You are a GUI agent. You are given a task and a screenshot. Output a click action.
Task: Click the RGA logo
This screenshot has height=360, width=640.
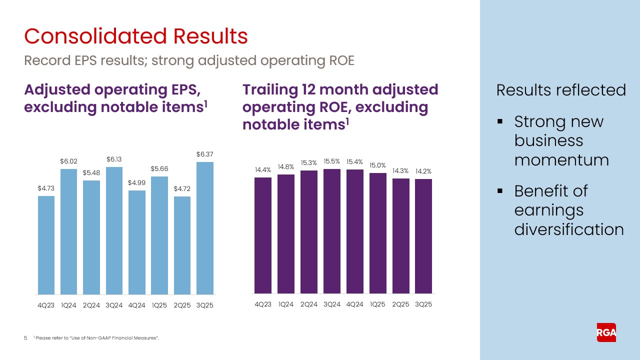tap(606, 332)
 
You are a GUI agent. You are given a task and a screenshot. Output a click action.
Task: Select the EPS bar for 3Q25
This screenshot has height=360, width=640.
tap(205, 228)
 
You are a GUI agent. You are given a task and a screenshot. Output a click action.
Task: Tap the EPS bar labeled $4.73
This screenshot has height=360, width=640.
tap(46, 245)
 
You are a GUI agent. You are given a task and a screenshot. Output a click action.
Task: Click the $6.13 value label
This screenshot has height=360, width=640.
tap(114, 159)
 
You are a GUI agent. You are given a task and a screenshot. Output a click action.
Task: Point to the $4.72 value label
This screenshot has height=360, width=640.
tap(182, 189)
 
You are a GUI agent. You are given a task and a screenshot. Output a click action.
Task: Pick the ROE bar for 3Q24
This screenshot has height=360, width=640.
tap(332, 231)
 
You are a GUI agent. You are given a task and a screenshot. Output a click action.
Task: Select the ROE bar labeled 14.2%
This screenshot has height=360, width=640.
tap(423, 236)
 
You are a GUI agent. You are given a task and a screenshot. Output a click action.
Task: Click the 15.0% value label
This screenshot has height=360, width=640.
tap(377, 165)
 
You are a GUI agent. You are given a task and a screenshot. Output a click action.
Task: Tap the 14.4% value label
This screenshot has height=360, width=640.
tap(262, 170)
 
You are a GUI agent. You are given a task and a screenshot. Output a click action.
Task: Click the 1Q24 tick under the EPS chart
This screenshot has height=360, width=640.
tap(69, 305)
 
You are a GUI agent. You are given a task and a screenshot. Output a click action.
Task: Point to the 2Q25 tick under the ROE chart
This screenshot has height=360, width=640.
tap(400, 304)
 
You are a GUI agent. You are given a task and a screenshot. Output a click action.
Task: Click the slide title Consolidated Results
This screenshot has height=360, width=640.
tap(136, 36)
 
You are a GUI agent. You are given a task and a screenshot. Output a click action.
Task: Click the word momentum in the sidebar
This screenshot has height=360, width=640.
tap(561, 160)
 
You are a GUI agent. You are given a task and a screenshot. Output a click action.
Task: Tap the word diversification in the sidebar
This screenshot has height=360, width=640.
tap(569, 229)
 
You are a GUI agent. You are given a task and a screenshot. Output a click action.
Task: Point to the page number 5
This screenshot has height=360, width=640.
tap(26, 338)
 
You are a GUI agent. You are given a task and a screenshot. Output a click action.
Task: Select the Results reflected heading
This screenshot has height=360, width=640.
tap(561, 90)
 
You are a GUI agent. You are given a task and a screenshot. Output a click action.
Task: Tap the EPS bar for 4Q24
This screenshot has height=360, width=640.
tap(137, 242)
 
